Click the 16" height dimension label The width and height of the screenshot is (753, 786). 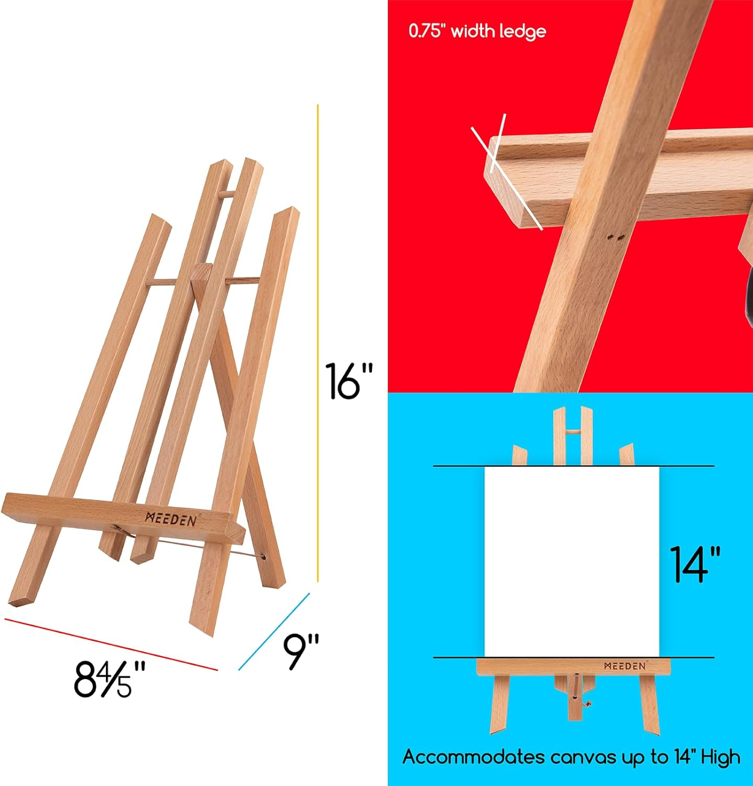[348, 381]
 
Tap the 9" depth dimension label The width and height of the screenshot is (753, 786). [301, 651]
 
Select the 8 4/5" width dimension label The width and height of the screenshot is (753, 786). [110, 680]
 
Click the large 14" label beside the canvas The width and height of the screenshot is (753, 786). [695, 564]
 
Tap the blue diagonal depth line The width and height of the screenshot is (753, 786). [274, 631]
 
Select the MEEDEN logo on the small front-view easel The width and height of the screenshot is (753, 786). [625, 666]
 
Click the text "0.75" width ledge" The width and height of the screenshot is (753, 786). [477, 31]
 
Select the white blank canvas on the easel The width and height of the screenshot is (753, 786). [572, 561]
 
